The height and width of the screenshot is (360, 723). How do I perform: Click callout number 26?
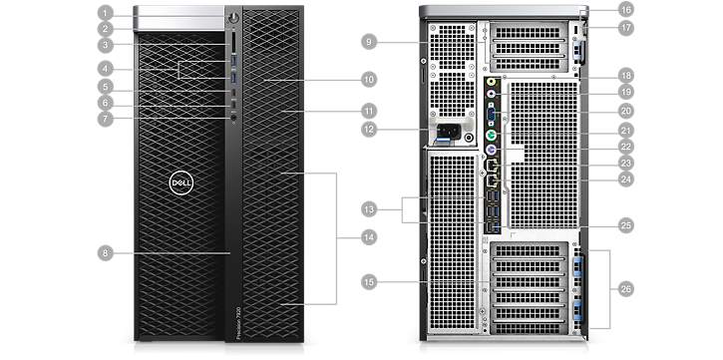pyautogui.click(x=625, y=288)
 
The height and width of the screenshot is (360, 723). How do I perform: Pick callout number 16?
pyautogui.click(x=625, y=9)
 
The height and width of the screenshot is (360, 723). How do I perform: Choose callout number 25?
pyautogui.click(x=625, y=226)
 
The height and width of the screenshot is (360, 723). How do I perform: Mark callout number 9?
pyautogui.click(x=369, y=41)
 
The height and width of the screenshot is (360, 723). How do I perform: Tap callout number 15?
pyautogui.click(x=369, y=283)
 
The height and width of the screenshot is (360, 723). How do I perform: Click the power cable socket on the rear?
pyautogui.click(x=447, y=130)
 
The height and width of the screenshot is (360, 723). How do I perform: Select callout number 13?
pyautogui.click(x=369, y=209)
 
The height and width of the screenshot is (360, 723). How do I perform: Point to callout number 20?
pyautogui.click(x=625, y=110)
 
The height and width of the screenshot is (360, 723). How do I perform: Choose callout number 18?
pyautogui.click(x=625, y=75)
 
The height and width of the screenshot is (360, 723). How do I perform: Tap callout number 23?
pyautogui.click(x=625, y=163)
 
